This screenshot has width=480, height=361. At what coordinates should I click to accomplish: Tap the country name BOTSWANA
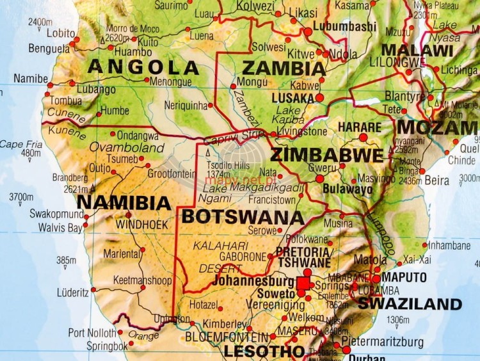point(243,217)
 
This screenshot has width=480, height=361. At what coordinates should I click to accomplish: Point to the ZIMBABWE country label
point(327,156)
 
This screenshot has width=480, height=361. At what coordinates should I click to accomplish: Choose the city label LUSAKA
point(292,98)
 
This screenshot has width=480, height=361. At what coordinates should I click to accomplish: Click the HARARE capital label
point(359,127)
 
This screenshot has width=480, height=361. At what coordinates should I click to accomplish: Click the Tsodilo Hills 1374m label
point(227,168)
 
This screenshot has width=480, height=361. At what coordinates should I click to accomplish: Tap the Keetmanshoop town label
point(142,280)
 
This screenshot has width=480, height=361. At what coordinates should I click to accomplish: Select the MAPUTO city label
point(404,277)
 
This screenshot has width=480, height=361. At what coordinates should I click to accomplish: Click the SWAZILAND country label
point(409,304)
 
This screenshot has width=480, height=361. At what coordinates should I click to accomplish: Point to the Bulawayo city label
point(348,189)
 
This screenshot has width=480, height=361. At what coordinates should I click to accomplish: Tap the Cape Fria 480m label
point(20,148)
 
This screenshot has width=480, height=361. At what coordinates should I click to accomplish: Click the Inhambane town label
point(449,245)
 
